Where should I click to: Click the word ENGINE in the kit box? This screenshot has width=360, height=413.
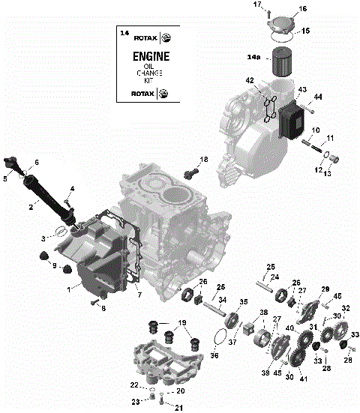[x=150, y=57]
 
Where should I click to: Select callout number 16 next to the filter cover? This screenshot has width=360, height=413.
[x=303, y=9]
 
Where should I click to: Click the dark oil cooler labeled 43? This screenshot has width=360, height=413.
[x=293, y=120]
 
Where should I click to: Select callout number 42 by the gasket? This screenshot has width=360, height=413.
[x=250, y=80]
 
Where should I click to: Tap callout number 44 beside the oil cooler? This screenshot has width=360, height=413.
[x=319, y=97]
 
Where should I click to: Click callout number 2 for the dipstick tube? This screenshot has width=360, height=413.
[x=32, y=206]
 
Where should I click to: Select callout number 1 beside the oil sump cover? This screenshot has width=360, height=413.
[x=70, y=289]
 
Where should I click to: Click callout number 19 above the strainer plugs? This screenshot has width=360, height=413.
[x=181, y=323]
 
